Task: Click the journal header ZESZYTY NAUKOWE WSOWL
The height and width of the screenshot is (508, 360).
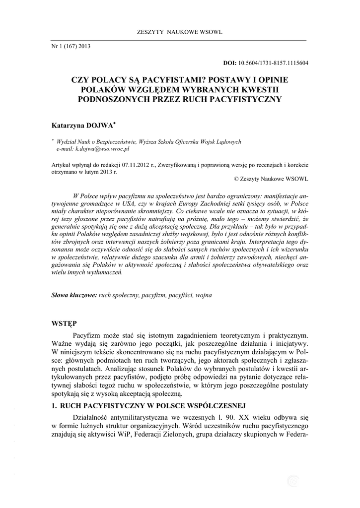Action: coord(179,32)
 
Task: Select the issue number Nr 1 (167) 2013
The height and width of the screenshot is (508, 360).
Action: coord(71,46)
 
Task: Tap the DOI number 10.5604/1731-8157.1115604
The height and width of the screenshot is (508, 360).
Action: coord(274,63)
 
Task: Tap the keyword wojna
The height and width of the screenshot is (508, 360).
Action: coord(204,295)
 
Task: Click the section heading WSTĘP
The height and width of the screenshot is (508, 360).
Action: coord(64,323)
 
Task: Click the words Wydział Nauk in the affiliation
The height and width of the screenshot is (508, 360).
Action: coord(78,141)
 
